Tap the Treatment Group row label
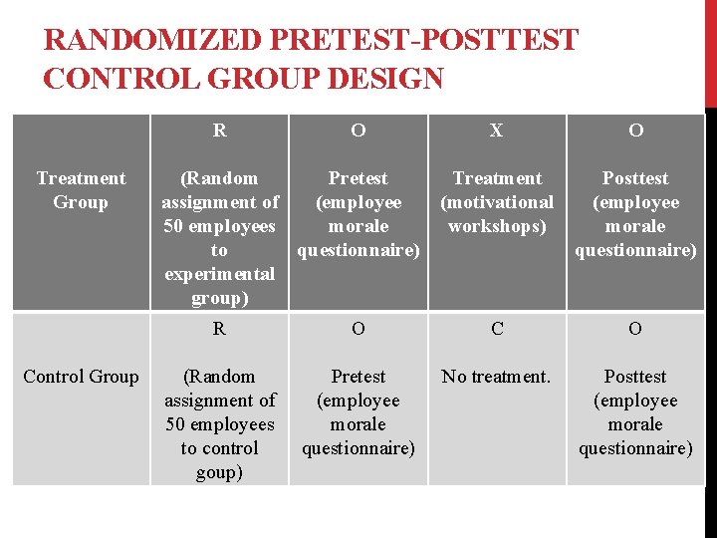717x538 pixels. (x=81, y=190)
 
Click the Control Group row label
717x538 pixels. (x=81, y=377)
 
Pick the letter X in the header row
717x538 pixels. (x=497, y=131)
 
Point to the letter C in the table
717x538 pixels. (x=497, y=329)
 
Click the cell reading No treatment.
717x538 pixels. (x=497, y=377)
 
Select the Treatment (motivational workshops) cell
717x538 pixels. (x=497, y=202)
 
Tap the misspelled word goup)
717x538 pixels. (x=219, y=472)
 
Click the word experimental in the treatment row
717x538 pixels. (x=219, y=274)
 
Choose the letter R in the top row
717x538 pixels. (x=219, y=131)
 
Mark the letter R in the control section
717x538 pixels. (x=219, y=329)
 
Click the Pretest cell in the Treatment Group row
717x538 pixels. (x=358, y=214)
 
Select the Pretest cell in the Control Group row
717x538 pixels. (x=358, y=412)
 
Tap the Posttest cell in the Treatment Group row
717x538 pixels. (x=635, y=214)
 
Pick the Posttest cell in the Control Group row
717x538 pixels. (x=635, y=412)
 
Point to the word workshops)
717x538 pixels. (x=497, y=226)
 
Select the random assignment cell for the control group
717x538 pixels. (x=219, y=424)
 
